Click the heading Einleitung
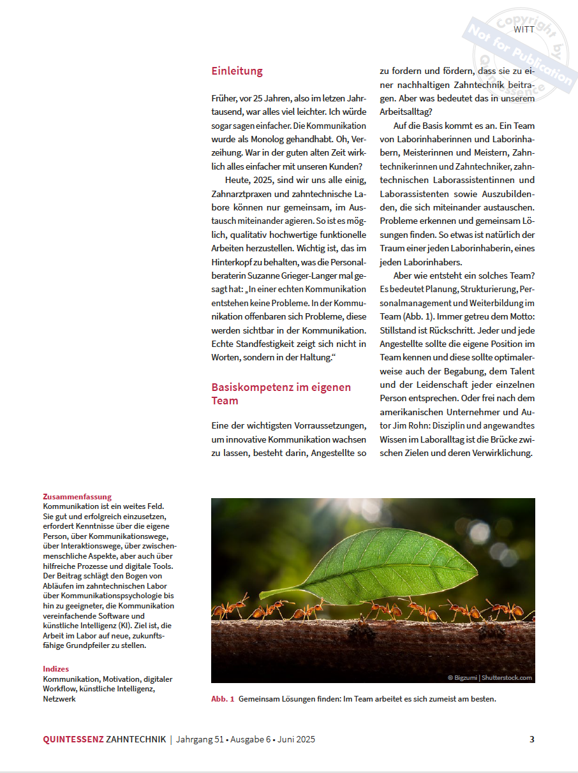(237, 71)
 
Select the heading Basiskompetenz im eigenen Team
(281, 394)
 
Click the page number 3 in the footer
(531, 740)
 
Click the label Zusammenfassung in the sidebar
(77, 497)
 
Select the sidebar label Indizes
(56, 669)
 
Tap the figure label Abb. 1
(223, 699)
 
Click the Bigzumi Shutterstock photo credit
(489, 677)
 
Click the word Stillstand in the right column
(401, 330)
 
